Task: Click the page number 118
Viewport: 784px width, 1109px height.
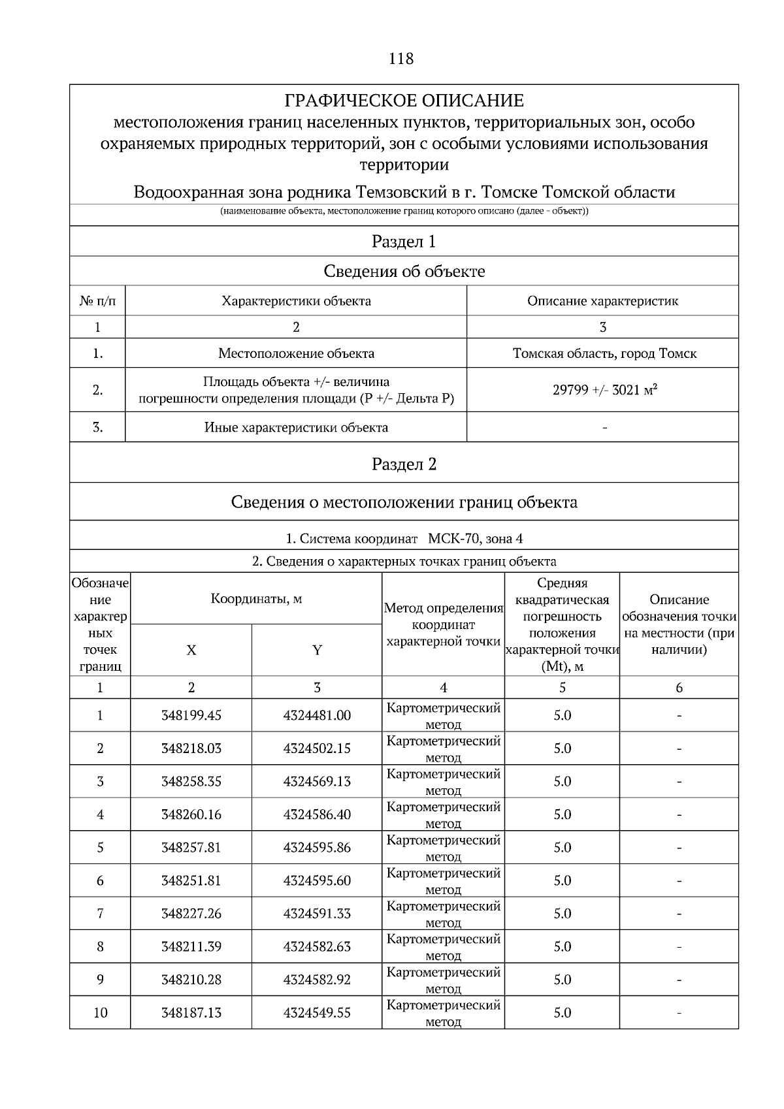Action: (400, 59)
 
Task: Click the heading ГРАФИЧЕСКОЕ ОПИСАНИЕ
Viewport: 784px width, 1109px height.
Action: (404, 101)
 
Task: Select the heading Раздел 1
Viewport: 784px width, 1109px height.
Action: (404, 242)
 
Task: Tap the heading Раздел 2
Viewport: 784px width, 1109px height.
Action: (404, 464)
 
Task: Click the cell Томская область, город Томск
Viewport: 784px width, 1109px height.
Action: (604, 354)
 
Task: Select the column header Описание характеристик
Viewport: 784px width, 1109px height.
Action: (602, 301)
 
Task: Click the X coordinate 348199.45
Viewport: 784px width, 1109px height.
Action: (191, 716)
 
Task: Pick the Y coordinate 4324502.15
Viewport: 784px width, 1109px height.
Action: (317, 748)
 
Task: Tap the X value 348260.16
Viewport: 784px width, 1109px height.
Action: (191, 814)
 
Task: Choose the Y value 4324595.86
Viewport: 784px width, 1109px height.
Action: (317, 848)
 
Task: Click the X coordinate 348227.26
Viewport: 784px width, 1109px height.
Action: (191, 914)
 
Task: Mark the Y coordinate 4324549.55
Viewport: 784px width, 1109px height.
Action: (317, 1013)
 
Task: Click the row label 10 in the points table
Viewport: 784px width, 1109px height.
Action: (100, 1013)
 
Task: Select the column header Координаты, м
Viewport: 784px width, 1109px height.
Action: (256, 599)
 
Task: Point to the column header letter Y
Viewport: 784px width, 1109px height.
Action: (317, 651)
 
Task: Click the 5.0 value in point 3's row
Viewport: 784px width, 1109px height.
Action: (562, 782)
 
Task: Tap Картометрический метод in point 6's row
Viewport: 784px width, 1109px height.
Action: (443, 880)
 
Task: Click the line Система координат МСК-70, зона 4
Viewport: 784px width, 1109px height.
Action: (404, 539)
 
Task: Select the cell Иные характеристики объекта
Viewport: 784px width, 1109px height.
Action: (296, 428)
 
